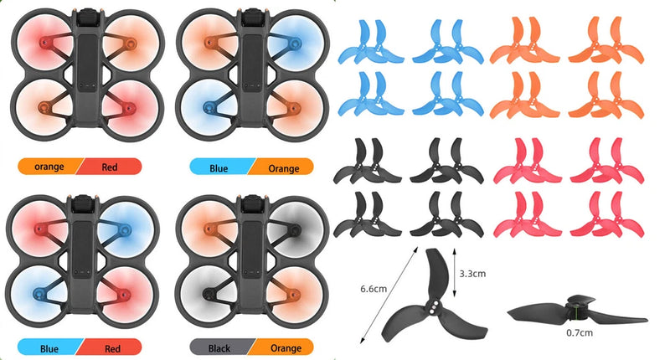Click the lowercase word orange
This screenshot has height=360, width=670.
coord(49,167)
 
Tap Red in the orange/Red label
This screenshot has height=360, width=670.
coord(110,167)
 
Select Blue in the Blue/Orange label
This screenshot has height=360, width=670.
coord(219,168)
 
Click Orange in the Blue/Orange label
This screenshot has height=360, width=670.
coord(284,168)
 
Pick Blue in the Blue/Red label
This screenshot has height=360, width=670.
coord(49,349)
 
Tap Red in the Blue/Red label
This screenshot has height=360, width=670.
coord(112,349)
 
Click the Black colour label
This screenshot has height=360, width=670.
coord(219,348)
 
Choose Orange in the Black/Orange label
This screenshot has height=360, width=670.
coord(286,348)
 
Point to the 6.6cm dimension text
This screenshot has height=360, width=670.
coord(374,289)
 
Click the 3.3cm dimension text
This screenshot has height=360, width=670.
coord(472,274)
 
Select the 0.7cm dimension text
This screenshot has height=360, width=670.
coord(580,332)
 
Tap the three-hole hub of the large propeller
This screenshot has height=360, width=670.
coord(435,306)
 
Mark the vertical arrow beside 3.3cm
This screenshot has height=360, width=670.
coord(454,272)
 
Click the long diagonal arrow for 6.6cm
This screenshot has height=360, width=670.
coord(389,295)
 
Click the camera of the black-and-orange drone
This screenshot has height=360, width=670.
coord(253,204)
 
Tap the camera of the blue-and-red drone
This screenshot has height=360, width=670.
coord(82,204)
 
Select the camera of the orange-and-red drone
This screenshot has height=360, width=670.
coord(88,18)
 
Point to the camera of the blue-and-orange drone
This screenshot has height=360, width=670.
coord(253,18)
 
